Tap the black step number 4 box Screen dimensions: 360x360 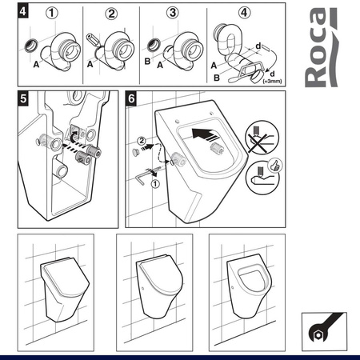pyautogui.click(x=25, y=13)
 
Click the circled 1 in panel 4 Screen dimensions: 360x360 pyautogui.click(x=52, y=13)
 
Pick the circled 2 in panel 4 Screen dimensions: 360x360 pyautogui.click(x=111, y=13)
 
